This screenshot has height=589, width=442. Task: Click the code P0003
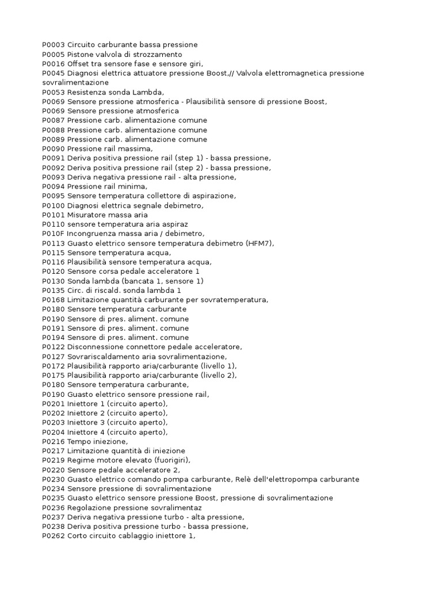click(x=54, y=45)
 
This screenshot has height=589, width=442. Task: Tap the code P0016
click(x=54, y=64)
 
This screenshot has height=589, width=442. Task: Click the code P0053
click(x=54, y=92)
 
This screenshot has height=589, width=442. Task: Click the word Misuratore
click(x=86, y=215)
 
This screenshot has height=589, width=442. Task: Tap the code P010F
click(x=54, y=234)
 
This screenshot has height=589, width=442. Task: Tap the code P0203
click(x=54, y=422)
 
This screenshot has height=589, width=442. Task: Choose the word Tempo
click(x=79, y=441)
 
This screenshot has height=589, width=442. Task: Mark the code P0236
click(x=54, y=507)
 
